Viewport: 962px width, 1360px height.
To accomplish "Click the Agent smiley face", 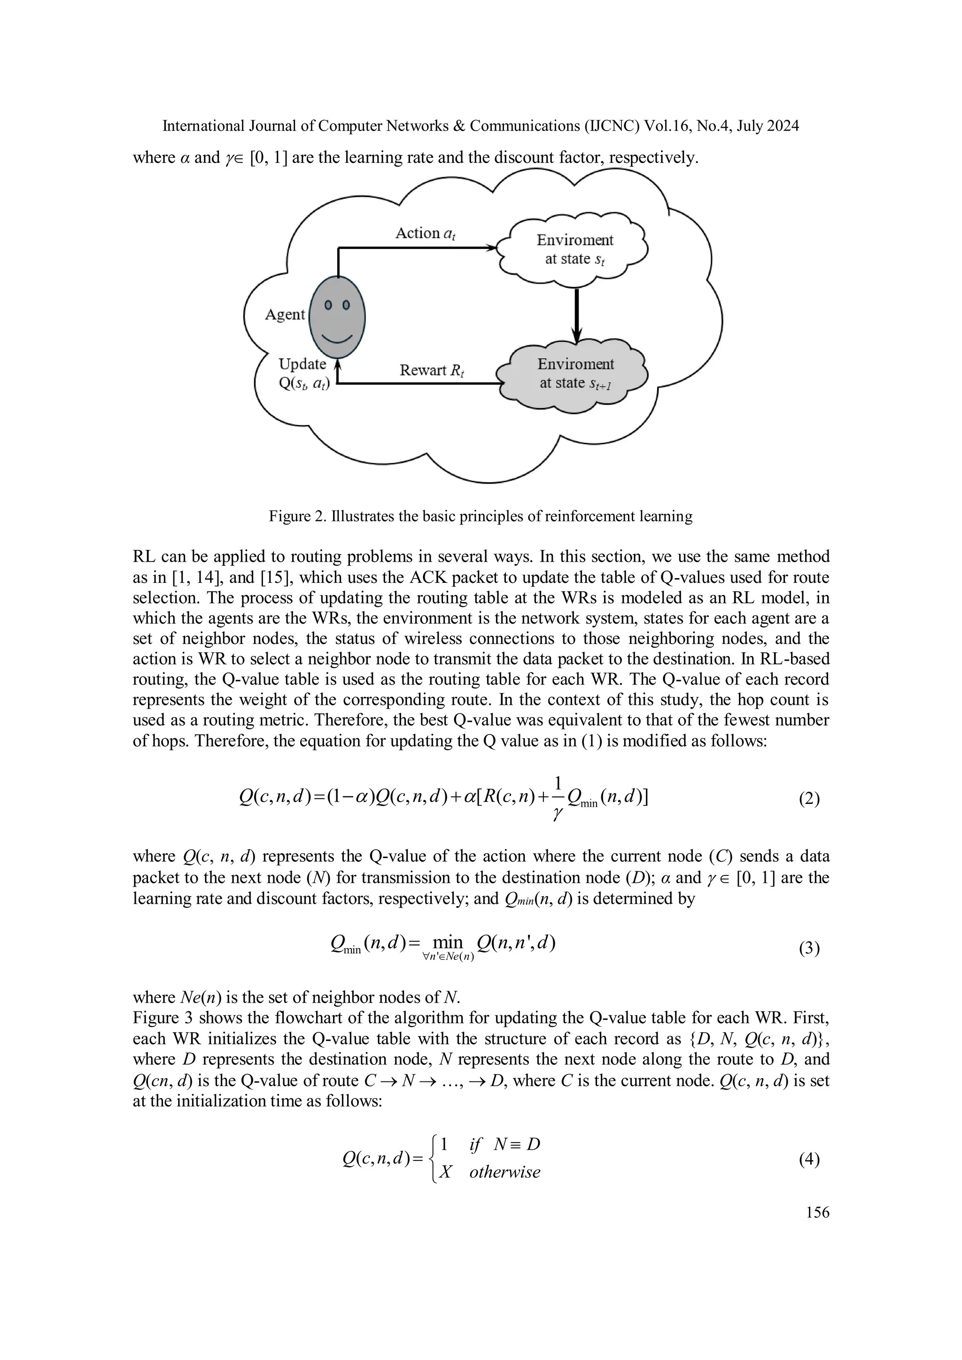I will (x=338, y=317).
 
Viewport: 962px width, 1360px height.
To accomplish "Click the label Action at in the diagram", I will (x=425, y=233).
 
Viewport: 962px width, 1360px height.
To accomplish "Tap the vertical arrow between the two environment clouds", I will (x=577, y=314).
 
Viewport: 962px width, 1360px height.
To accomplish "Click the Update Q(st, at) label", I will (x=303, y=374).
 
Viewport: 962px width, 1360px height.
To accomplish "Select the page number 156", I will (x=817, y=1213).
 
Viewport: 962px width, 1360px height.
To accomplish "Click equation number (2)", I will (x=809, y=799).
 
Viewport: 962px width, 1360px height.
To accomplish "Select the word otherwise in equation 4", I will (x=504, y=1172).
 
